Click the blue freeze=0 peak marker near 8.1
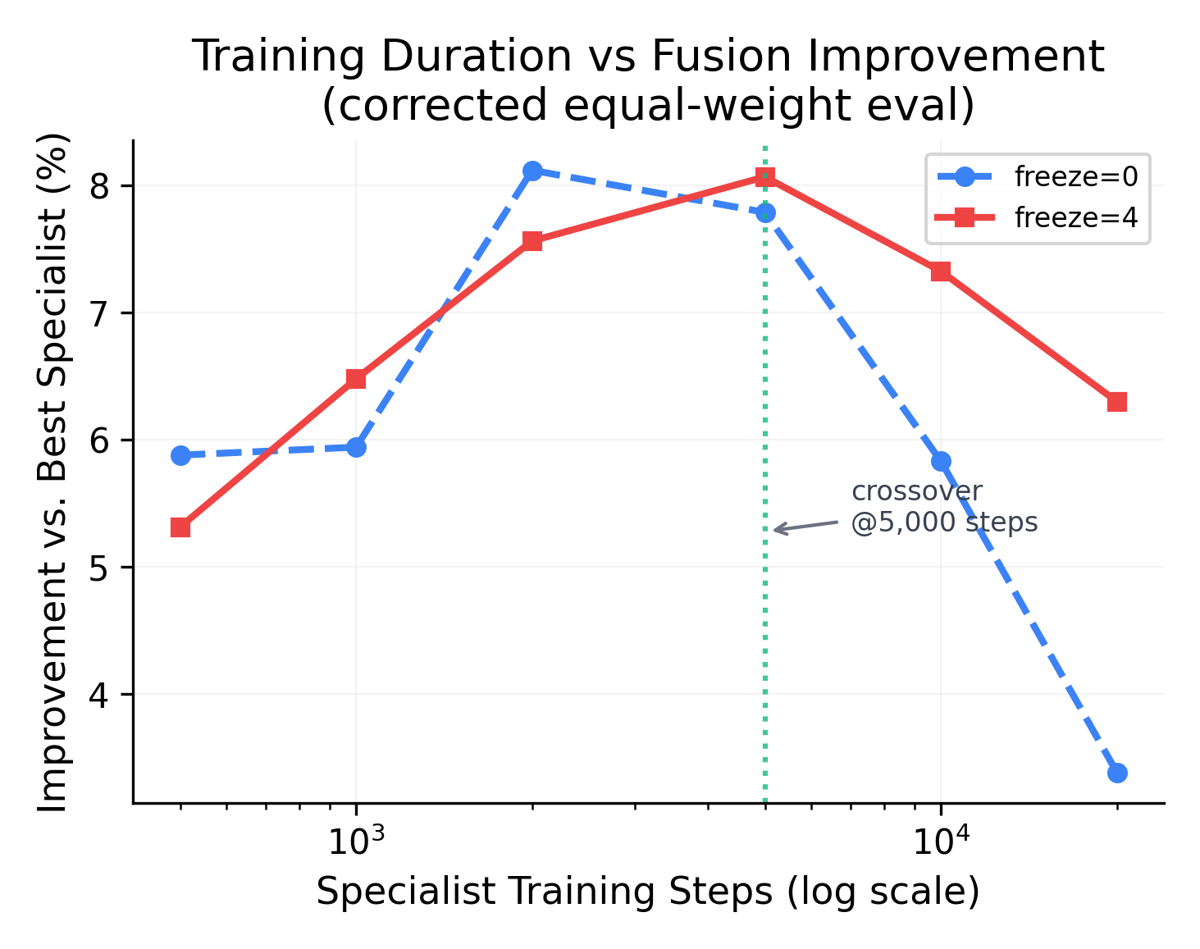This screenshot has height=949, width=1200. point(532,171)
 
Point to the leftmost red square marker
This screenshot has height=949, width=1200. point(180,527)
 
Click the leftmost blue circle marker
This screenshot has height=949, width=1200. point(180,455)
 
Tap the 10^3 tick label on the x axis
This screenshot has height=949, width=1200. point(354,840)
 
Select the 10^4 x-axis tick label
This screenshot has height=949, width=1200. point(940,840)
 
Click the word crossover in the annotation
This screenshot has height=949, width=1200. point(916,491)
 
